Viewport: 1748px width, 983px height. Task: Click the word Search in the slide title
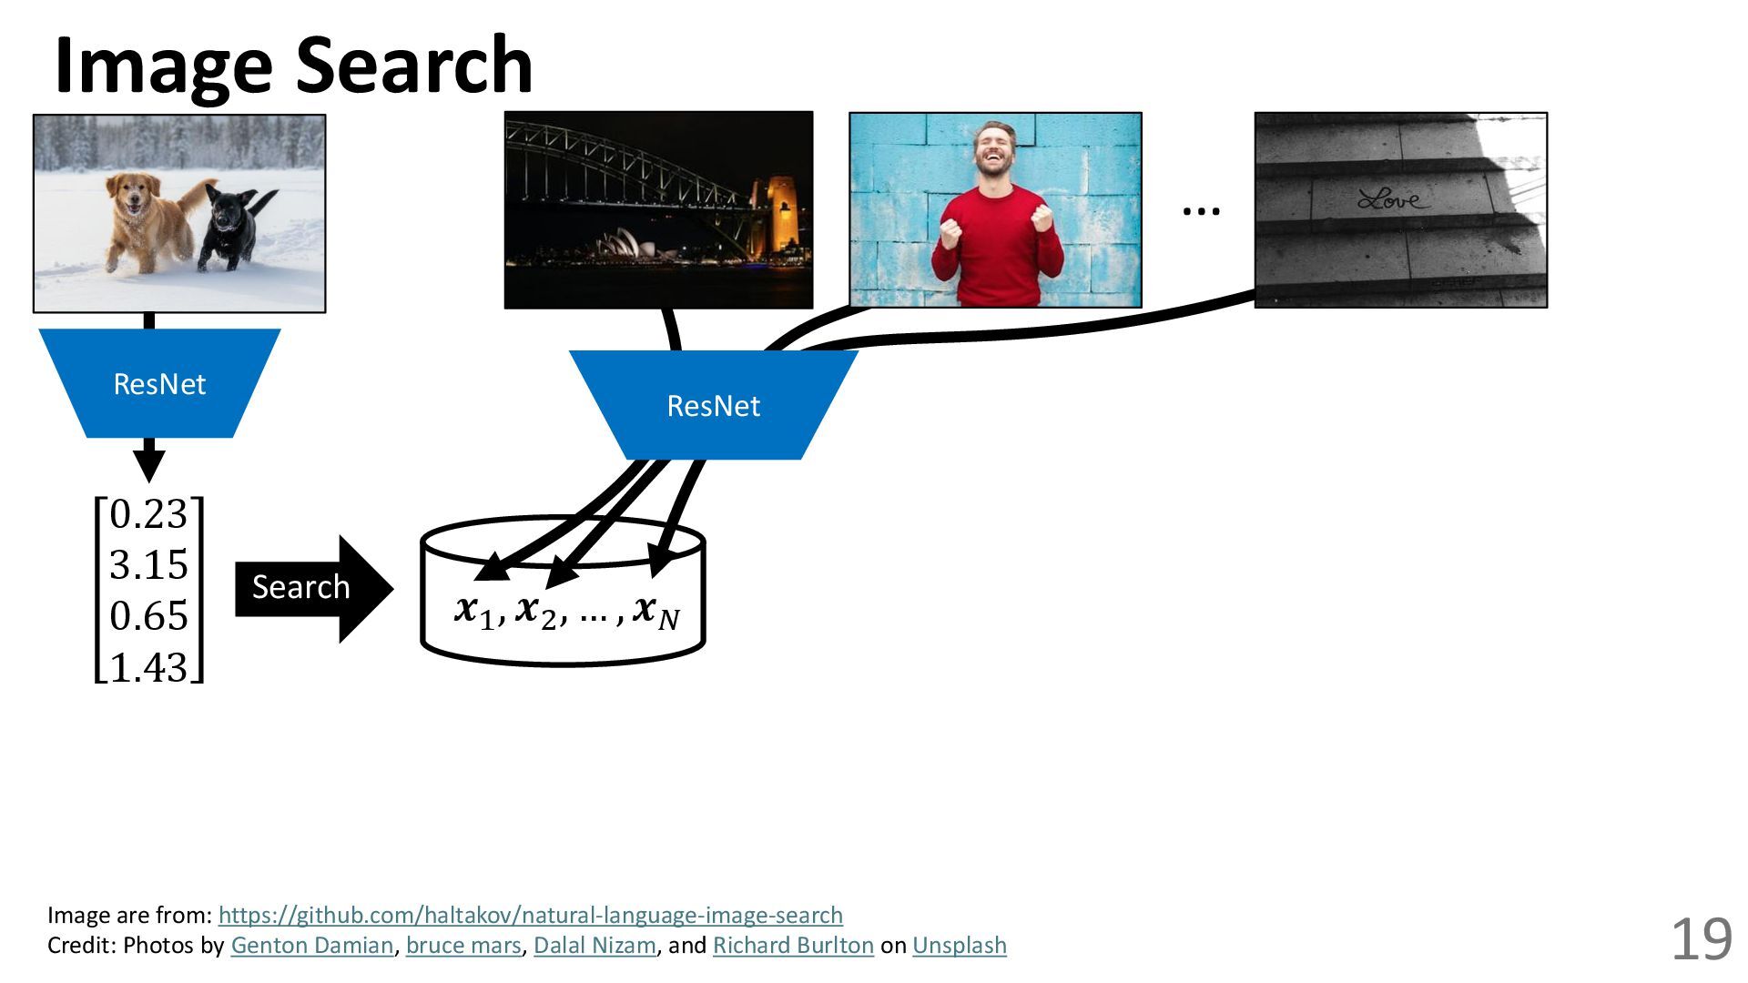414,66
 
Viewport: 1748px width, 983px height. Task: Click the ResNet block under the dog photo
159,384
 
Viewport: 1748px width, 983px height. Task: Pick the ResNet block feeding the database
713,406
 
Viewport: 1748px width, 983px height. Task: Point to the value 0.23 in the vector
148,515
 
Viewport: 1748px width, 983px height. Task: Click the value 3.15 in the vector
148,565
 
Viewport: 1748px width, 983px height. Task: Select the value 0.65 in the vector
148,616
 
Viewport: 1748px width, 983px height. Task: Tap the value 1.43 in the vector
148,667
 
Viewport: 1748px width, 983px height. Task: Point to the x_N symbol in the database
656,612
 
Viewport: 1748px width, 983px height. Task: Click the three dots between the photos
1201,211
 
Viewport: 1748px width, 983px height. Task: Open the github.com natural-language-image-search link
531,915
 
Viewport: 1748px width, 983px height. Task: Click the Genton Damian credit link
312,946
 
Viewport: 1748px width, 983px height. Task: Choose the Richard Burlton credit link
793,946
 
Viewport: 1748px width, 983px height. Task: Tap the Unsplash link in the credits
960,946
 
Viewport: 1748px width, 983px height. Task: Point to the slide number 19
1701,939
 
